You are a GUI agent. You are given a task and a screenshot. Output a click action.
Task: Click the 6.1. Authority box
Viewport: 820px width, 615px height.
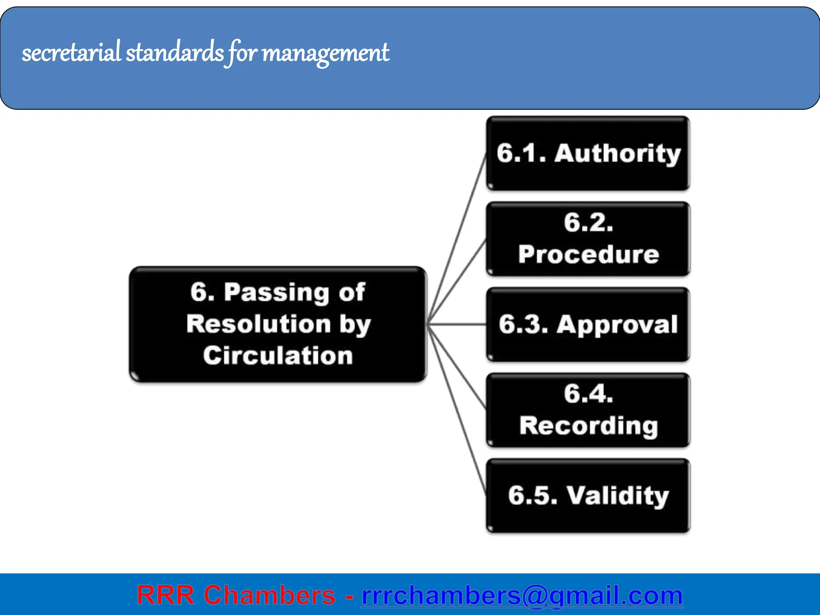pos(588,153)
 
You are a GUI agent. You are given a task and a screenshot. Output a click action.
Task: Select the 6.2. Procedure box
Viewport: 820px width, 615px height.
pos(588,239)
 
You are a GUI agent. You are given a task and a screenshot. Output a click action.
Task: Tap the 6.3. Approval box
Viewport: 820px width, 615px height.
pos(588,324)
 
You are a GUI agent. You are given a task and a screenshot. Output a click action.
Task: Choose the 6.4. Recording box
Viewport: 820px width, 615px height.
pos(588,410)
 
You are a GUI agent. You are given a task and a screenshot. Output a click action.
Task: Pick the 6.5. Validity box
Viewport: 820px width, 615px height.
pos(588,496)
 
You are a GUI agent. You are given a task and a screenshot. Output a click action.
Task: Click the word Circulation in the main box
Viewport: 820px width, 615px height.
pos(278,356)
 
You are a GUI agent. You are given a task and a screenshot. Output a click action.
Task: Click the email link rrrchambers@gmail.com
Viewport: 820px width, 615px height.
pos(522,595)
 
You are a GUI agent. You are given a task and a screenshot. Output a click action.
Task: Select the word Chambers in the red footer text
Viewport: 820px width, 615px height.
pos(269,595)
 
